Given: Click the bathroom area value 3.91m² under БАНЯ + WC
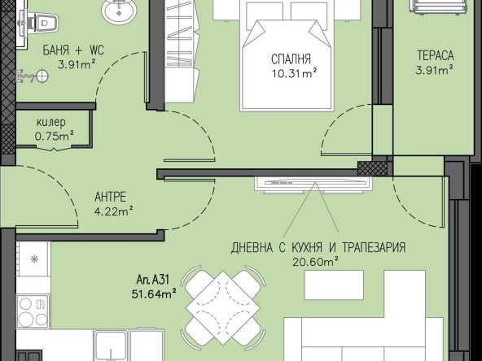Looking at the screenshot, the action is (77, 64).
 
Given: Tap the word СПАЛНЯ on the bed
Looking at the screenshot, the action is (291, 59).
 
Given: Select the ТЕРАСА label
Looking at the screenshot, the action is (436, 55).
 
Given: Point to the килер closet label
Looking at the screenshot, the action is (51, 123).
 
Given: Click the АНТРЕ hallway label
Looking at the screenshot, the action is (111, 197).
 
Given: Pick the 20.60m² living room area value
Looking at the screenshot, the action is (315, 262).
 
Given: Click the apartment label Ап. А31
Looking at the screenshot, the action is (153, 280).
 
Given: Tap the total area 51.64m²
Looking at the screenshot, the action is (154, 294).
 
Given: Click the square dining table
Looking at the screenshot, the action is (223, 307).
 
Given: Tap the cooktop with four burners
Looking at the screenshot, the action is (33, 311).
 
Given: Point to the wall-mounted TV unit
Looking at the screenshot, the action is (313, 185).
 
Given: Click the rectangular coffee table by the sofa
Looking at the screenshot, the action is (334, 285).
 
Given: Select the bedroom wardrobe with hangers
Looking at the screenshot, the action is (182, 51).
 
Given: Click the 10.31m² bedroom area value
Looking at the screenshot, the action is (295, 73).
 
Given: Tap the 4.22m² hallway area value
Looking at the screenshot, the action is (114, 211).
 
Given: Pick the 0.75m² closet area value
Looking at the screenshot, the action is (54, 136).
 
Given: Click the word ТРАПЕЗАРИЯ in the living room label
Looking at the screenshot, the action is (374, 247).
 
